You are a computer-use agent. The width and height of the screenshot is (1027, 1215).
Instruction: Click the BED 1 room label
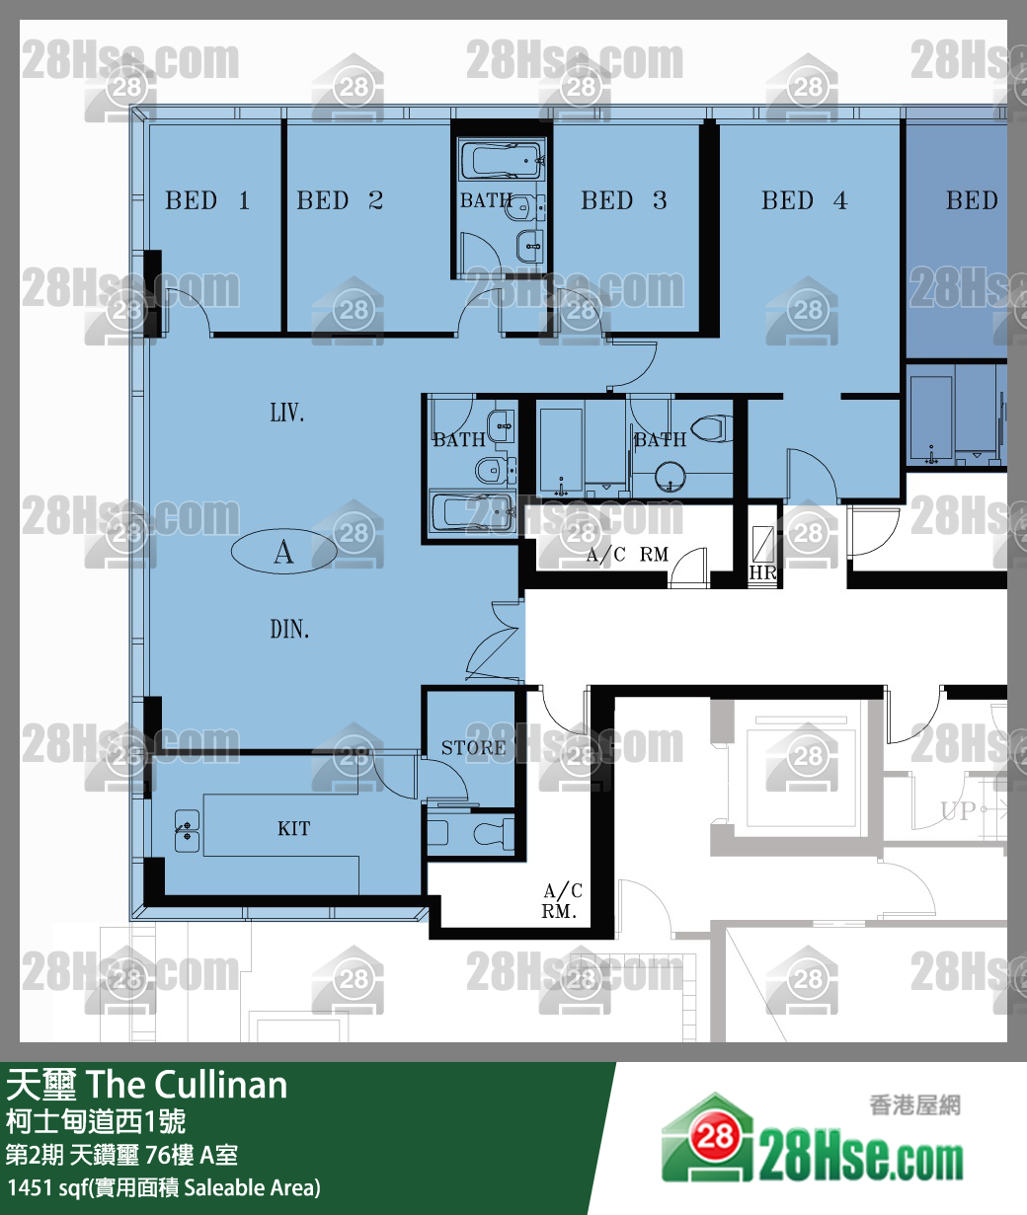tap(207, 200)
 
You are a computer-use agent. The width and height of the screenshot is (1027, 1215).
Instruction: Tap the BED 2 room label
tap(340, 200)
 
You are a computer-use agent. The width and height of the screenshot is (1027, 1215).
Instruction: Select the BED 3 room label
tap(623, 200)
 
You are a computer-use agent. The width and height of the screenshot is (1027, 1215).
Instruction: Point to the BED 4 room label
tap(804, 200)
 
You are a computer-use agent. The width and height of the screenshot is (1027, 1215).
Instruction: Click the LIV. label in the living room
tap(287, 413)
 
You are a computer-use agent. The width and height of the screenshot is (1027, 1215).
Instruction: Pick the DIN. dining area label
tap(289, 629)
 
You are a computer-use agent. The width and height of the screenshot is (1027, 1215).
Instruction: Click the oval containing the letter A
tap(284, 551)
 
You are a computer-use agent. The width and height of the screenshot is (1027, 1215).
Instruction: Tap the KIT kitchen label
tap(294, 828)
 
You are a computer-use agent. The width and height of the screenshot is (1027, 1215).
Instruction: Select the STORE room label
tap(473, 748)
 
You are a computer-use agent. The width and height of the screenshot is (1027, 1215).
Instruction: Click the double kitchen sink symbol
tap(187, 831)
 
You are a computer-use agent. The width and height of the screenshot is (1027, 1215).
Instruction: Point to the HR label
tap(762, 572)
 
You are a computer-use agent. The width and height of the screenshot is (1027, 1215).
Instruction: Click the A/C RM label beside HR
tap(627, 554)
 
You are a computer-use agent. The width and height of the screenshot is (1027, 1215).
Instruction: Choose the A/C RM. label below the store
tap(561, 900)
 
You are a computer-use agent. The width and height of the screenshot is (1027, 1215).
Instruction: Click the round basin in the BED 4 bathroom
tap(671, 477)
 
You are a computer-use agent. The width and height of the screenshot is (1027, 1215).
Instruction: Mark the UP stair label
tap(958, 810)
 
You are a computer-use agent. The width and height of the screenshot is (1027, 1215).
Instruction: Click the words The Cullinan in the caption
tap(187, 1086)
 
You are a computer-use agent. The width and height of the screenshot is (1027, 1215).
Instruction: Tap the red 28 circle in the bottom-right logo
tap(716, 1135)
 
